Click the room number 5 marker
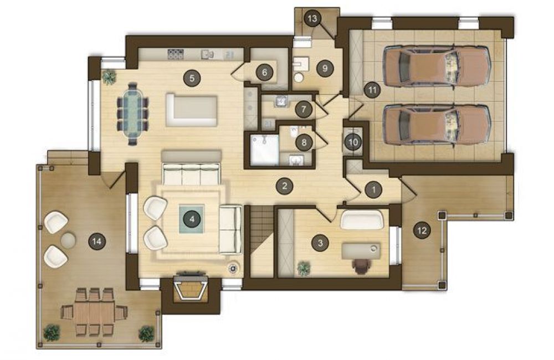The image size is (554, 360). (192, 78)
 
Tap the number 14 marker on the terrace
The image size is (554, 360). (96, 241)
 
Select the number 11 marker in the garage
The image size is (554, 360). (372, 90)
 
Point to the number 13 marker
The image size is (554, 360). (312, 18)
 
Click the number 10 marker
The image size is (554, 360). (353, 142)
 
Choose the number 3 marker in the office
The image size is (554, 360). (320, 243)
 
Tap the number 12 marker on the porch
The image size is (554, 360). (422, 231)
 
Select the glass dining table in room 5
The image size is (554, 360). (132, 114)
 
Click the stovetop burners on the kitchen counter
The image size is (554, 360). (176, 54)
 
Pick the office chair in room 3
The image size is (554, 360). (361, 265)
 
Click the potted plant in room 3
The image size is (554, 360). (303, 268)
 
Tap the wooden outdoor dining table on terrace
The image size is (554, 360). (94, 313)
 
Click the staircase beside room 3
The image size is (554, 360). (262, 241)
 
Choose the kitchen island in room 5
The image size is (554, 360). (191, 110)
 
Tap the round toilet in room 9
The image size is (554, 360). (299, 77)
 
